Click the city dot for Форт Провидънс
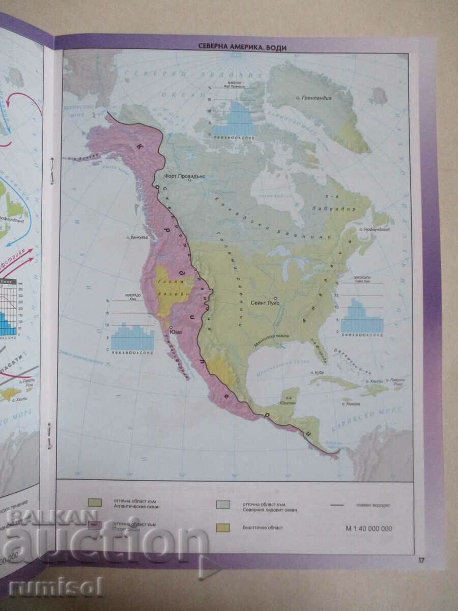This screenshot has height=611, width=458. (189, 179)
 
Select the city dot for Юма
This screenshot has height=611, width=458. (171, 327)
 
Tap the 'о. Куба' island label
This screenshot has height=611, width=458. (318, 373)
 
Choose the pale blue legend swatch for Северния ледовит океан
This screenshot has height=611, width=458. (222, 504)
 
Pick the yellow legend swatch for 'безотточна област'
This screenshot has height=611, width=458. (222, 527)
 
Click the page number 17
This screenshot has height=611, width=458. (421, 561)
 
